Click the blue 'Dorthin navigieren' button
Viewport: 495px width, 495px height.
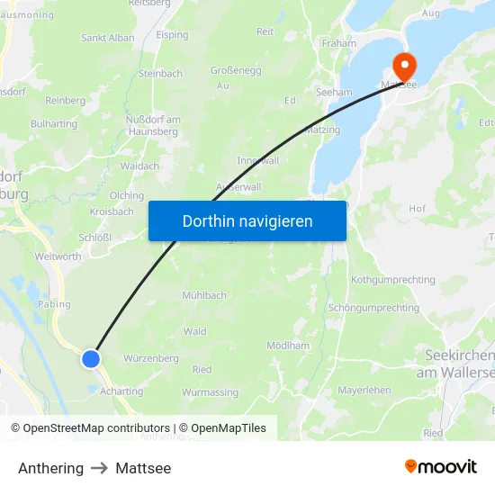(x=247, y=220)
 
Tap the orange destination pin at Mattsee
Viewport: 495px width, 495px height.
(x=402, y=66)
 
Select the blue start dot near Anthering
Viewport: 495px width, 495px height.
(x=91, y=359)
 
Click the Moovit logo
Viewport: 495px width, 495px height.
(x=440, y=466)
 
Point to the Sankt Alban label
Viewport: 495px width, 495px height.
(x=108, y=38)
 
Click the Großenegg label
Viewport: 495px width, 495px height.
(x=236, y=69)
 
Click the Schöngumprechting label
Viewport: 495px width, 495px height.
(x=373, y=308)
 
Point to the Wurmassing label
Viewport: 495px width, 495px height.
(x=210, y=392)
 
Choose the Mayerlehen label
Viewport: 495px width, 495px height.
(x=364, y=391)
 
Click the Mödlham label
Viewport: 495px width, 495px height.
(x=288, y=346)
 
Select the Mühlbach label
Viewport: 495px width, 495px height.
(x=204, y=295)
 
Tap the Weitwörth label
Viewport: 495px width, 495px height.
(x=58, y=256)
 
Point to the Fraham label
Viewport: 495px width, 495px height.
(x=338, y=42)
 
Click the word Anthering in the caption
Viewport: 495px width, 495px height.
(x=50, y=468)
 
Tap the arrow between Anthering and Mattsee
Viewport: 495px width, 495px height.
(x=99, y=468)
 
